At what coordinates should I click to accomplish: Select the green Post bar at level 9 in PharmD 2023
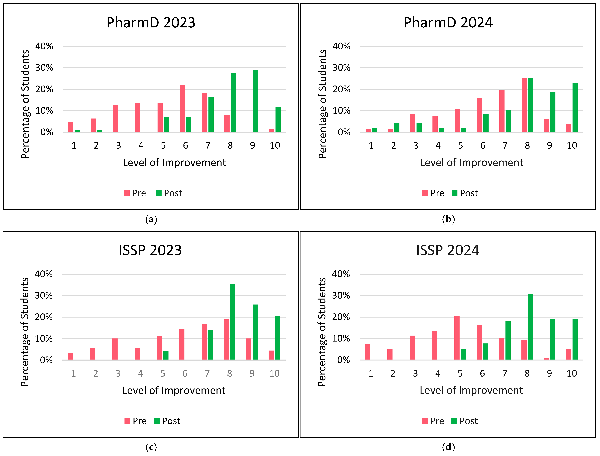255,101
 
